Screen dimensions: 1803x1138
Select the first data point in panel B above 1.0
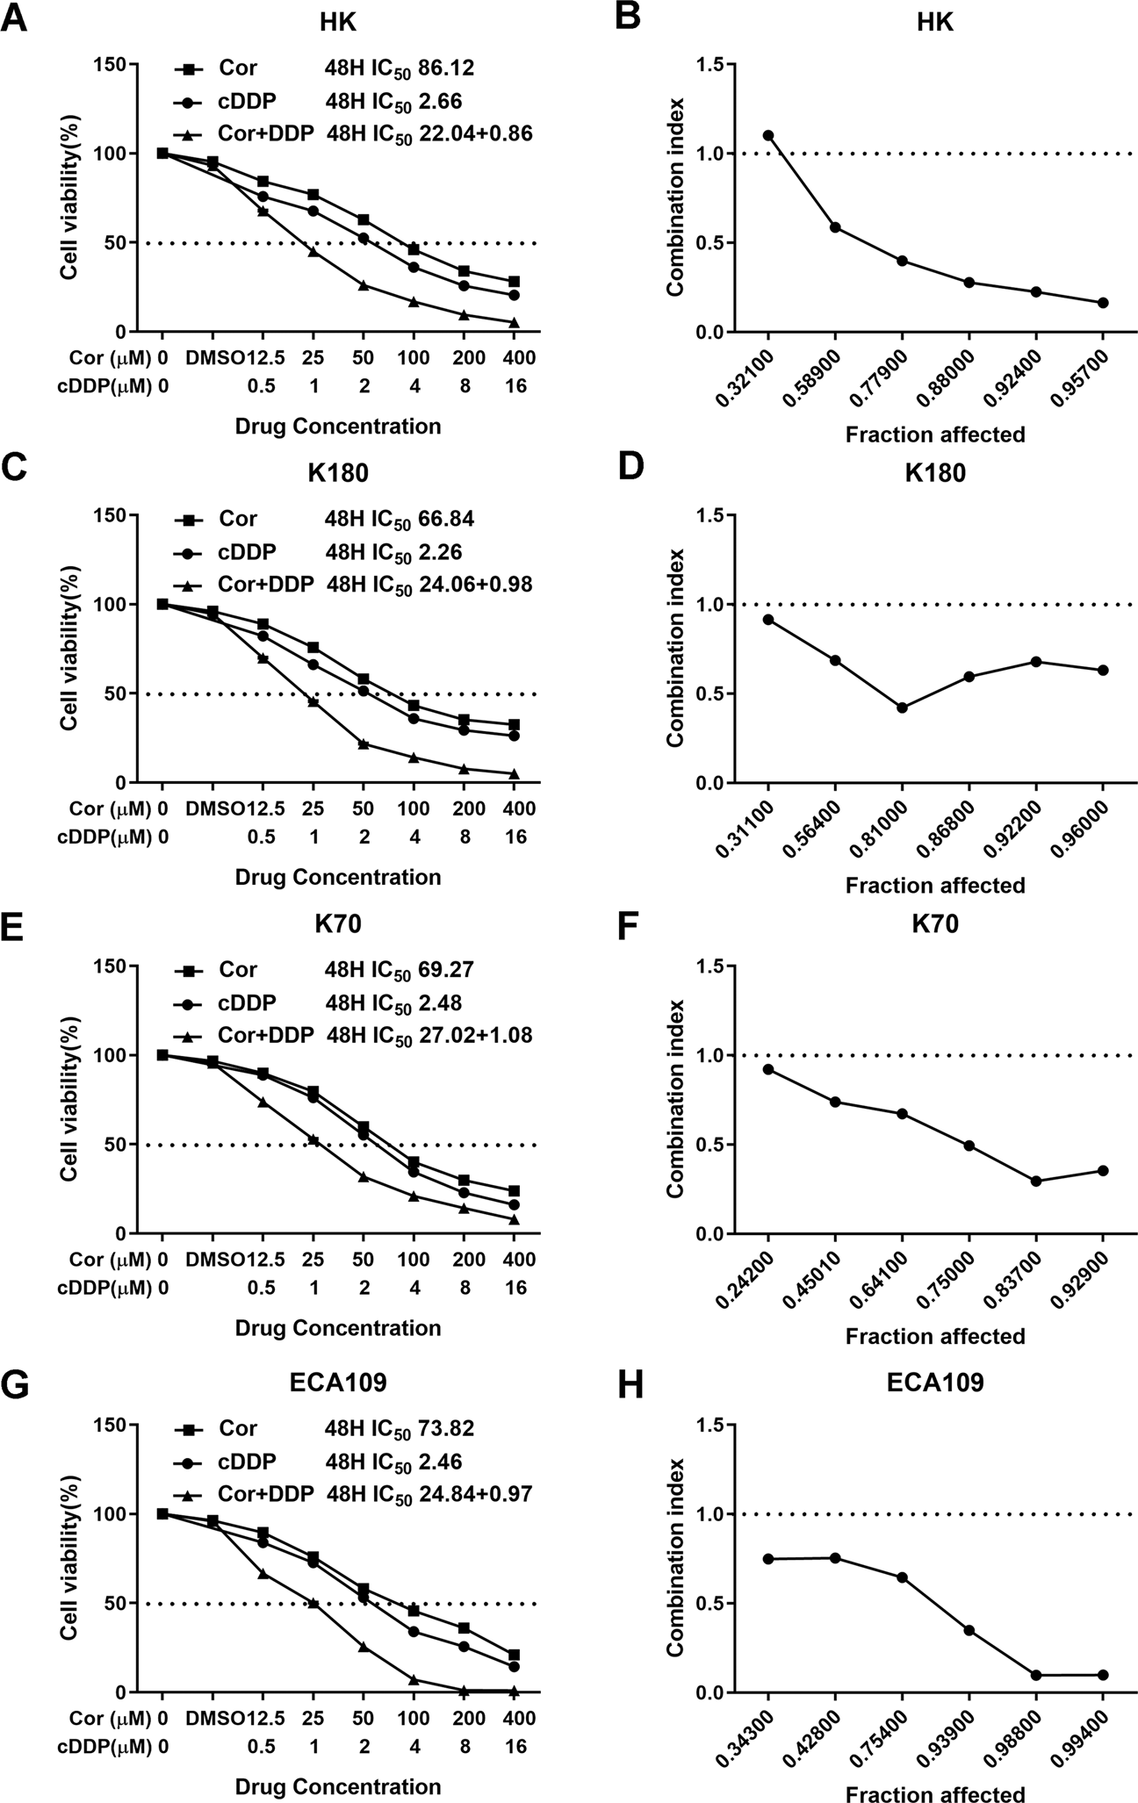pos(768,136)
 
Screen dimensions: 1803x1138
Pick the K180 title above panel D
pos(936,473)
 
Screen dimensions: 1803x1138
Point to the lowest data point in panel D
pos(902,708)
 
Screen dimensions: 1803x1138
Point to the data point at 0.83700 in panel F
pos(1036,1182)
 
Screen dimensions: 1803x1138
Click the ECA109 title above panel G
pos(337,1383)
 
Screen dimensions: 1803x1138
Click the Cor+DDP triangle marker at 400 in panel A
pos(515,323)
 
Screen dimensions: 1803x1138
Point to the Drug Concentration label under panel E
pos(338,1328)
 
